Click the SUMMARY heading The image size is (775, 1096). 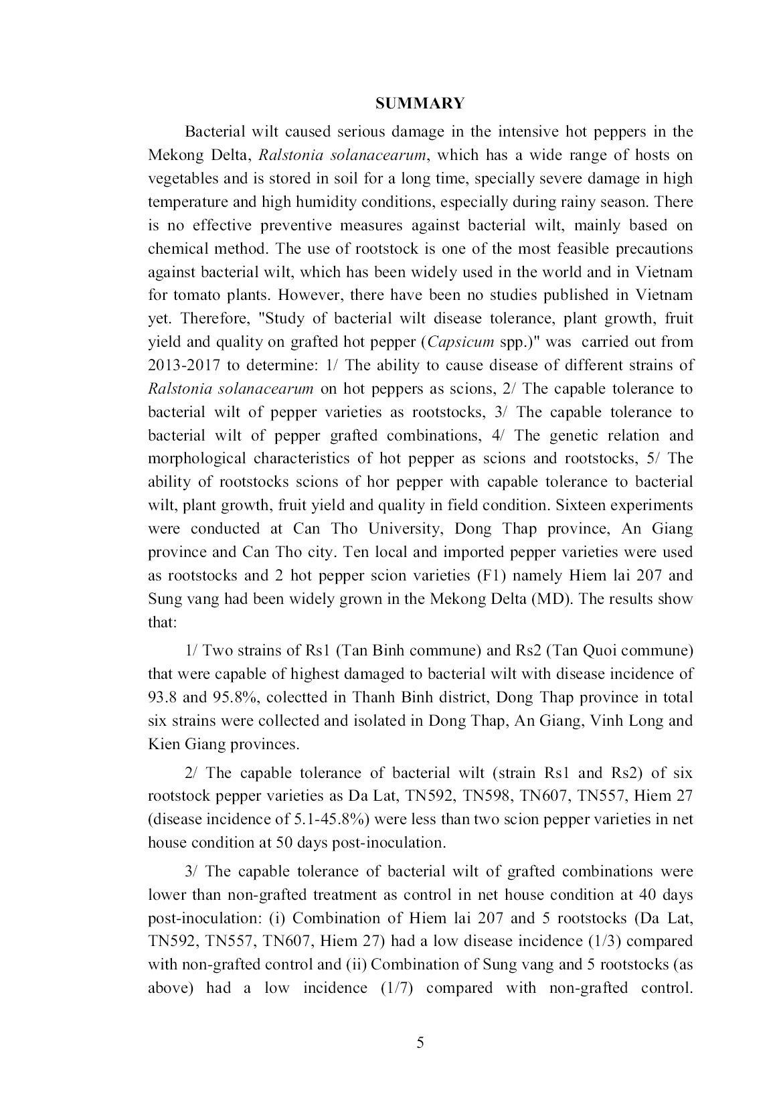click(420, 103)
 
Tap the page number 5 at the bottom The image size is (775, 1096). click(420, 1042)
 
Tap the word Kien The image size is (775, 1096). click(162, 744)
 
